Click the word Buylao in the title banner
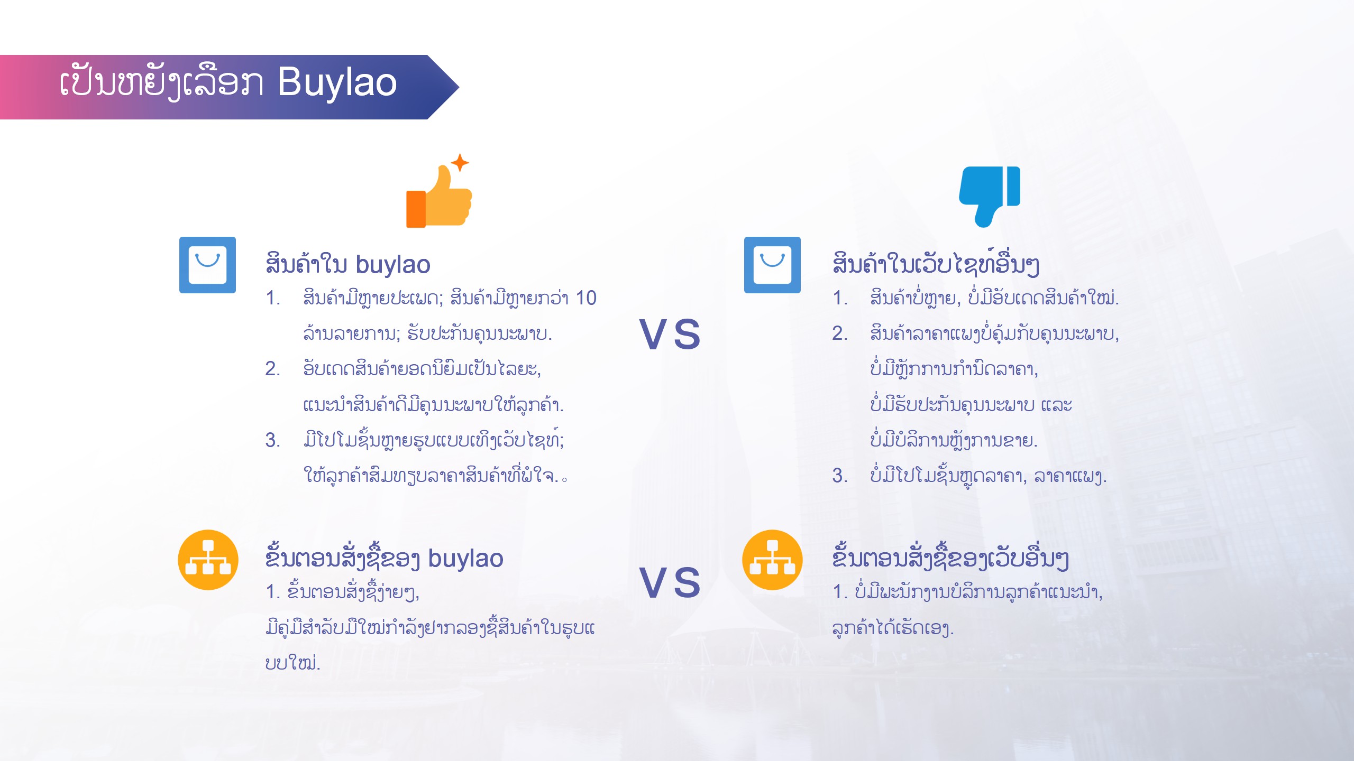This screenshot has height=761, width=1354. tap(337, 83)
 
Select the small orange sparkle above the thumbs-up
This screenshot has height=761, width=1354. tap(460, 162)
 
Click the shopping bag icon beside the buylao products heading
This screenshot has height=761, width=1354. tap(207, 265)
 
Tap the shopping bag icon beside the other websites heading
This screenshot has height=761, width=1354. tap(772, 265)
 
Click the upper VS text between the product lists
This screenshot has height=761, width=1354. tap(670, 335)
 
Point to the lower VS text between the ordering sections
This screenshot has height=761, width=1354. tap(670, 582)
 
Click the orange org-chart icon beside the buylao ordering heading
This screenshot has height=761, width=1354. tap(208, 560)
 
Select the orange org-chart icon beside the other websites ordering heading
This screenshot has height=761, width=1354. tap(772, 560)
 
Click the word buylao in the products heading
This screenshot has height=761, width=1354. tap(393, 265)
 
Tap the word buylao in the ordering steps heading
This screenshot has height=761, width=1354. tap(465, 559)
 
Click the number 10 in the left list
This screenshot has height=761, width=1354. tap(586, 298)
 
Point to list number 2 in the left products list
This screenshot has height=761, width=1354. tap(272, 369)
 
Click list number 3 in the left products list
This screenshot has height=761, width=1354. tap(272, 440)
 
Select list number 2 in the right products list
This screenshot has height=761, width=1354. tap(839, 333)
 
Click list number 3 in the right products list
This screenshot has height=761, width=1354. tap(839, 476)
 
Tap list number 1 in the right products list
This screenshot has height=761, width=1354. tap(839, 298)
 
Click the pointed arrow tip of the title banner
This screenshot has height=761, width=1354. tap(458, 87)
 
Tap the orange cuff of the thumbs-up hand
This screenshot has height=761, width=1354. tap(416, 209)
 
